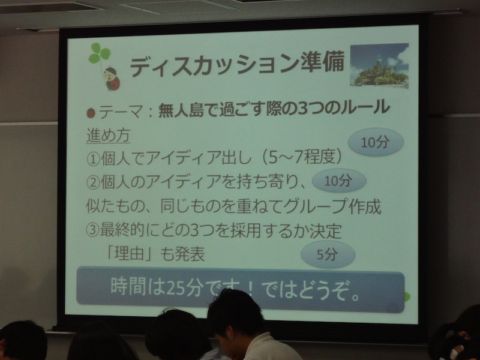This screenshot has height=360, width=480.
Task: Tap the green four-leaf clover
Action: (x=99, y=53)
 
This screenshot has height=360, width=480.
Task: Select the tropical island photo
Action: (x=379, y=65)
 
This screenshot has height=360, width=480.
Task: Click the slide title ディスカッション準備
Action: (x=237, y=65)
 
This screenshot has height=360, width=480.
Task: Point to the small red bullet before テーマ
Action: (x=91, y=113)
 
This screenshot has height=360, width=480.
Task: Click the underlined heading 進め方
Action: (x=109, y=136)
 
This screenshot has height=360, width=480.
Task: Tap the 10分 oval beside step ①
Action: (x=376, y=142)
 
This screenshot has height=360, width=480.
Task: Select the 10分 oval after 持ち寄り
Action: (x=339, y=181)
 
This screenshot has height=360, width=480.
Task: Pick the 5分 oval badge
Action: (x=328, y=254)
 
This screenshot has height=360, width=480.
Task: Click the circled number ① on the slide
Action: (x=93, y=159)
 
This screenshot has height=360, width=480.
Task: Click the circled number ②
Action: (x=93, y=183)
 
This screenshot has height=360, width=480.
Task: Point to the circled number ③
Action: (x=93, y=231)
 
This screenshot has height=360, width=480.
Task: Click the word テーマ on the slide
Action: (x=121, y=112)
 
